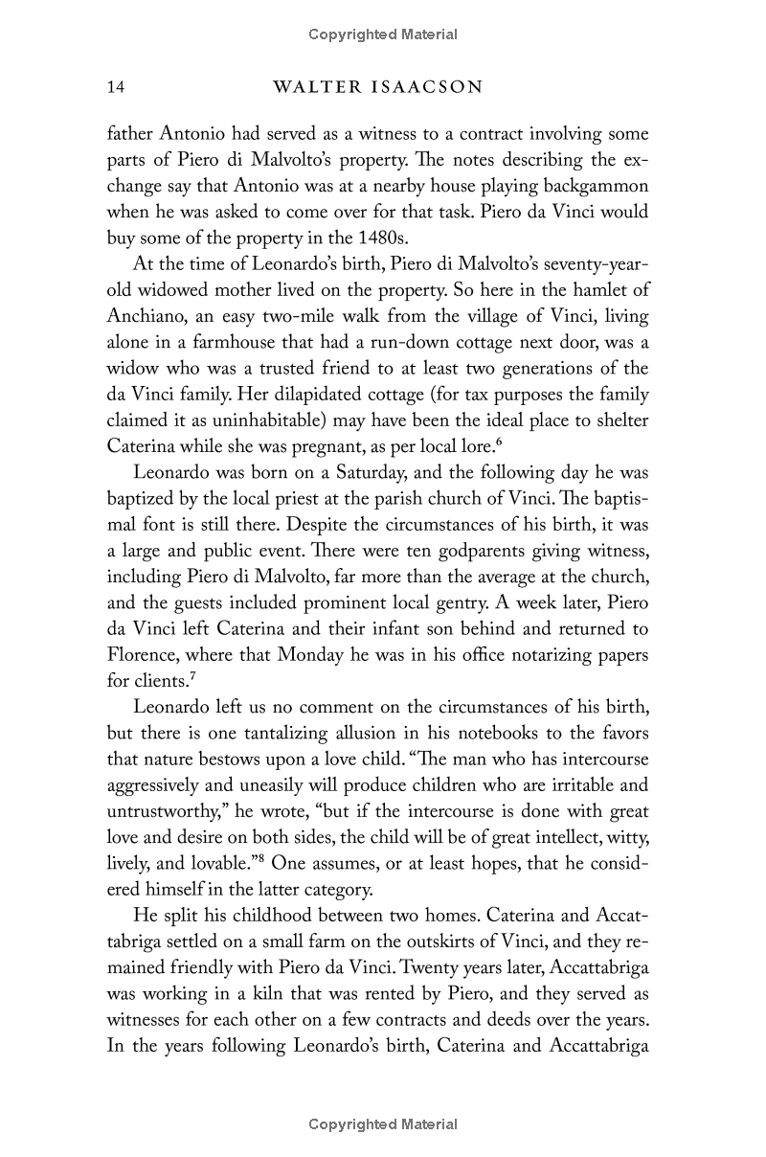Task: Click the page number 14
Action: pyautogui.click(x=116, y=88)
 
